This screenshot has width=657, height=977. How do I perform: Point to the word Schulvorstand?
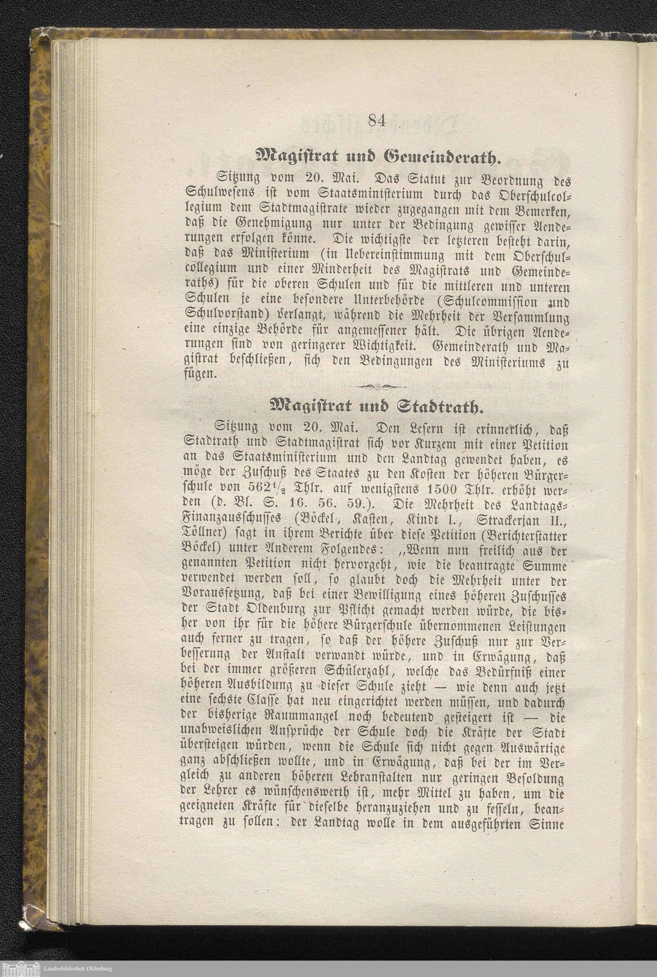(x=228, y=314)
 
